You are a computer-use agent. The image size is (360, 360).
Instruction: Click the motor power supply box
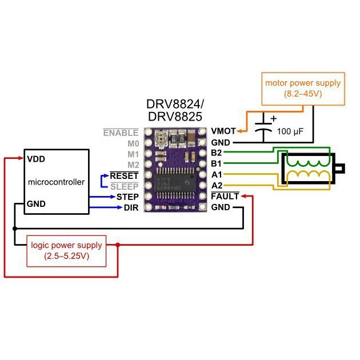tap(302, 88)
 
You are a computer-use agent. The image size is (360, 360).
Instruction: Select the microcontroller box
tap(57, 182)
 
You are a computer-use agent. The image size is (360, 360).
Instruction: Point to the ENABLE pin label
tap(121, 133)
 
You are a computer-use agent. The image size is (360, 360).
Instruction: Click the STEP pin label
tap(127, 197)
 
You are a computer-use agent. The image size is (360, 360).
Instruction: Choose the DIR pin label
tap(131, 207)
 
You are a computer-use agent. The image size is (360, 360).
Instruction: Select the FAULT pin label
tap(225, 197)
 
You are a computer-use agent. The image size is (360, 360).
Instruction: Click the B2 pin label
tap(217, 153)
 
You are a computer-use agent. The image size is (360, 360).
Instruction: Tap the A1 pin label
tap(217, 175)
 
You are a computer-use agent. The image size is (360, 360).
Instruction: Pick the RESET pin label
tap(124, 175)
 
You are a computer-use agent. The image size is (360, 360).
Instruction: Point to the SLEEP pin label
tap(125, 186)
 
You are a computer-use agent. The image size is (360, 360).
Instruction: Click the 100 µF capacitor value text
tap(290, 132)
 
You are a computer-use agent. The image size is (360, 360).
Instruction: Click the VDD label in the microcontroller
tap(36, 159)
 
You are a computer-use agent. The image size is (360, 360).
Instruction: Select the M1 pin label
tap(133, 154)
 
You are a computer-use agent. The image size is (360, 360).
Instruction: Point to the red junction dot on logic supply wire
tap(118, 245)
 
